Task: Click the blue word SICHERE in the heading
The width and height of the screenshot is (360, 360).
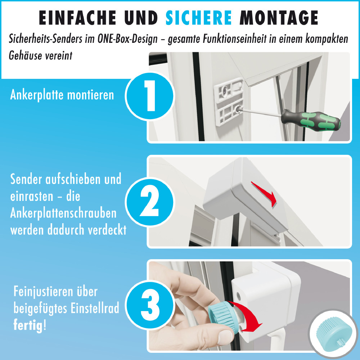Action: click(199, 18)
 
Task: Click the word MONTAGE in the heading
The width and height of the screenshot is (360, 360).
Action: click(279, 18)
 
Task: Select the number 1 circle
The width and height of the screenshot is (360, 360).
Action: click(150, 95)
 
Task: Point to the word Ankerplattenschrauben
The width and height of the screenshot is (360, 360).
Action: click(63, 213)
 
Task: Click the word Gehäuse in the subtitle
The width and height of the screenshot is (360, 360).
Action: click(25, 57)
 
